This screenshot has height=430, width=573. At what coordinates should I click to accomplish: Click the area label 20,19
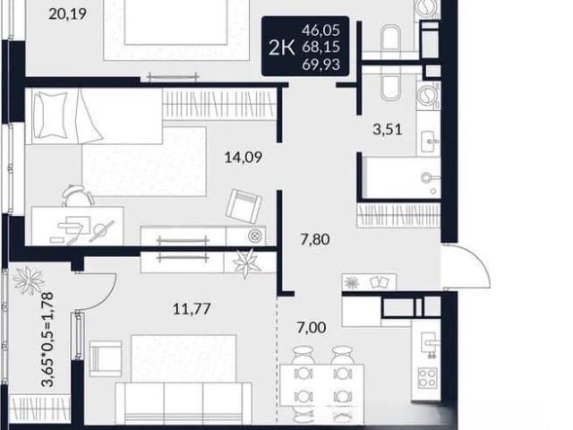(x=67, y=14)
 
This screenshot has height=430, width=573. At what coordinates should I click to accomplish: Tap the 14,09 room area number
(x=244, y=158)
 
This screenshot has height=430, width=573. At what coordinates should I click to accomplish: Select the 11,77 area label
(x=192, y=309)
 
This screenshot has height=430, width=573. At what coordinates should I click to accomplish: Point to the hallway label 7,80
(x=315, y=239)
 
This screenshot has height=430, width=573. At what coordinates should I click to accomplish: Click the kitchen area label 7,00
(x=312, y=327)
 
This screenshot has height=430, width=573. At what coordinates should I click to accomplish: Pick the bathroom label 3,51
(x=388, y=129)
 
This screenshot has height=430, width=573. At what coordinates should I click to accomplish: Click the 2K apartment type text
(x=281, y=47)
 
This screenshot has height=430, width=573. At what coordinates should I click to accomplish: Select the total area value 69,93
(x=321, y=64)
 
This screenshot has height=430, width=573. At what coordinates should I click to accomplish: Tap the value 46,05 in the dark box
(x=321, y=30)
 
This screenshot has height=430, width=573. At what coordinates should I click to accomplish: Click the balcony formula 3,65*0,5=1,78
(x=47, y=339)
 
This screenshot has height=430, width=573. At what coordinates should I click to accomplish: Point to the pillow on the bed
(x=49, y=115)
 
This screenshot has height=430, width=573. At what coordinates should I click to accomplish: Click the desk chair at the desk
(x=77, y=195)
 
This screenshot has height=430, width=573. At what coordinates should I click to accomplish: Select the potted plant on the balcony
(x=28, y=279)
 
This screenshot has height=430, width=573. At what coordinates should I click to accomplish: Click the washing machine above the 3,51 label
(x=428, y=96)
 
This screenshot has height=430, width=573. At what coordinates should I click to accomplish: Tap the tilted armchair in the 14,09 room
(x=244, y=206)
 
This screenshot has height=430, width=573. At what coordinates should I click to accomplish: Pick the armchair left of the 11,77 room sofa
(x=106, y=358)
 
